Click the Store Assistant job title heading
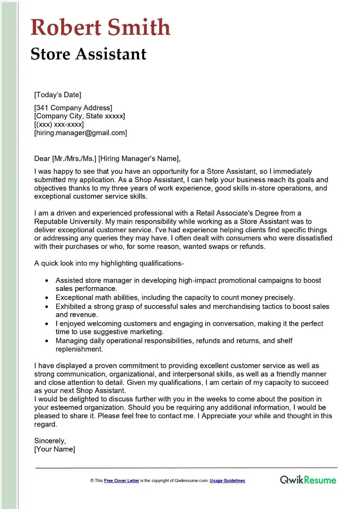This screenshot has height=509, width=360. point(89,54)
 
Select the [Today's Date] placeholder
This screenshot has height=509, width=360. point(58,95)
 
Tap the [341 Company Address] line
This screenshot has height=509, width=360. point(73,108)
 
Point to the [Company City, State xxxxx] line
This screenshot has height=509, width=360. point(80,116)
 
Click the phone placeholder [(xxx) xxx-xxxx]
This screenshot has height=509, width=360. point(59,124)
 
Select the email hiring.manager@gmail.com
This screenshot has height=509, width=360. point(81,133)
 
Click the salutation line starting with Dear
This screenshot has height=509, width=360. point(107,158)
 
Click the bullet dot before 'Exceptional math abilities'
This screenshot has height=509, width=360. point(47,298)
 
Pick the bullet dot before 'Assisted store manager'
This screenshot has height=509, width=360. point(47,280)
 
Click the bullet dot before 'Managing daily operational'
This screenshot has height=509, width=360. point(47,341)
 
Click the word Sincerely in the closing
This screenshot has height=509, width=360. point(50,441)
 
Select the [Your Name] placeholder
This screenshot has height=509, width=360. point(54,449)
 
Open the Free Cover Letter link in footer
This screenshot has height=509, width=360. point(121,481)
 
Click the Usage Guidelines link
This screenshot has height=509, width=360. point(227,481)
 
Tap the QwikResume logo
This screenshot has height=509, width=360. point(308,480)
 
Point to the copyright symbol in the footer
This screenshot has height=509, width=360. point(92,481)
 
